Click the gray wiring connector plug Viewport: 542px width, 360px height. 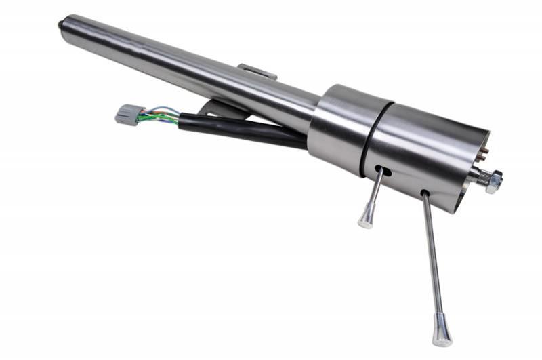[x=127, y=114]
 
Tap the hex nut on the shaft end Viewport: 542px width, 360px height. [x=493, y=182]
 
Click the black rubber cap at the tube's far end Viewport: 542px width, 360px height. [x=61, y=25]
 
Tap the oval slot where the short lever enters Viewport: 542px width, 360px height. [x=385, y=170]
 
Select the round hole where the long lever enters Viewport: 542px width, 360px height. [x=424, y=195]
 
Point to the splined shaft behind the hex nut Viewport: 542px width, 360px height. [x=478, y=178]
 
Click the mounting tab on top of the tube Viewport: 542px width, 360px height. [x=257, y=71]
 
